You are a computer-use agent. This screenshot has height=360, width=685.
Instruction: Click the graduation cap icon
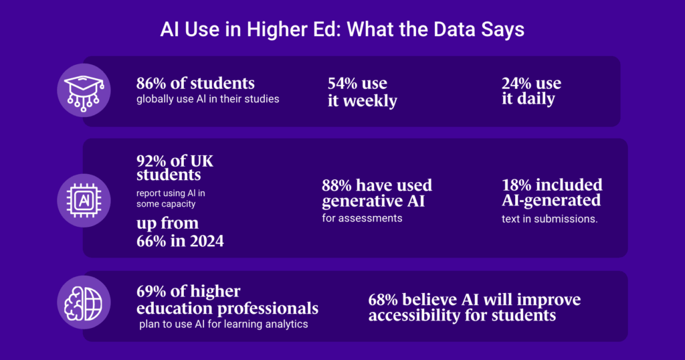(x=84, y=91)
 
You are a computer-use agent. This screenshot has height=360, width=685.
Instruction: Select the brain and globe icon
(x=84, y=305)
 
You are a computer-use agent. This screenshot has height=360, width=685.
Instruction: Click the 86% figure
(x=151, y=84)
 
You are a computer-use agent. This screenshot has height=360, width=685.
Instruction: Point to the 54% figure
(x=341, y=84)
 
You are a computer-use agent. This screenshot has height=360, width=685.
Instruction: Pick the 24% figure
(x=515, y=84)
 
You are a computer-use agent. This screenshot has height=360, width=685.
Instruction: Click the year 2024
(x=202, y=241)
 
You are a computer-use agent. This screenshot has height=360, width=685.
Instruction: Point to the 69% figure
(x=152, y=292)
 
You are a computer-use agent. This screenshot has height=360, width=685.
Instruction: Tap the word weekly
(x=371, y=101)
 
